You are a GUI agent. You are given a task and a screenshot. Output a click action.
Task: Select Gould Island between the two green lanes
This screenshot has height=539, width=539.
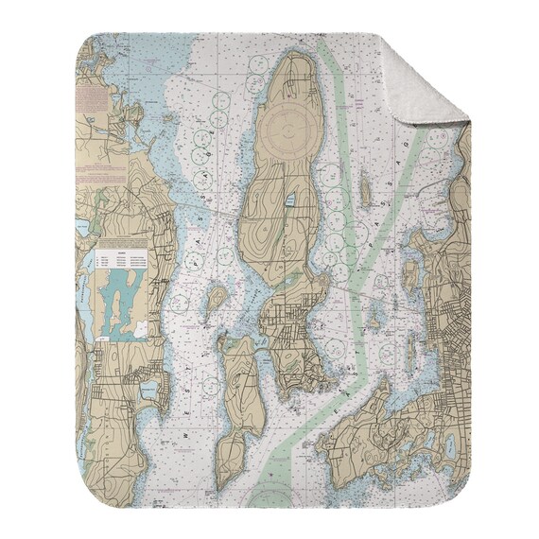click(365, 189)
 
